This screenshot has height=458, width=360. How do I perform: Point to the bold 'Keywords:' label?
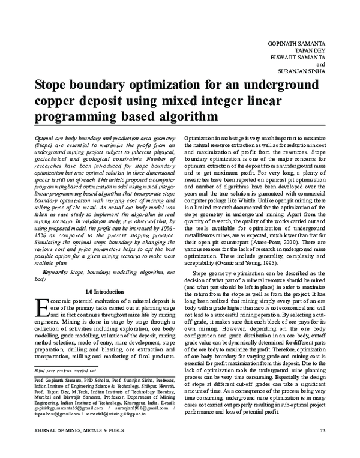point(52,273)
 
